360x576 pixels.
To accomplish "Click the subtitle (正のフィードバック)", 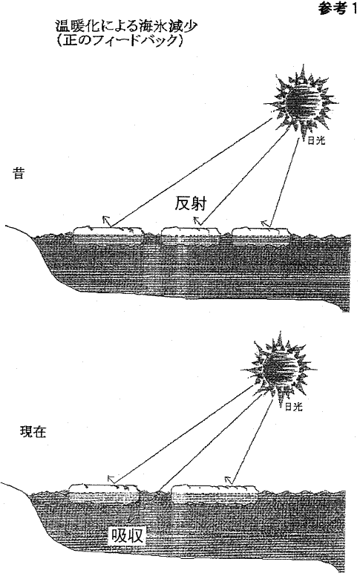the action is click(x=120, y=39).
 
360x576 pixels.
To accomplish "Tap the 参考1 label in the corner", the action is click(x=337, y=9).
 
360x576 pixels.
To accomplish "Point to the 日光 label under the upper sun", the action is click(x=316, y=141).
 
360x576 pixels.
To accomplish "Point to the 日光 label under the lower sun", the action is click(x=294, y=406).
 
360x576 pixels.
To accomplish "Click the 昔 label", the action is click(x=19, y=173).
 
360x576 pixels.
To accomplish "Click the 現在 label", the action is click(x=33, y=432).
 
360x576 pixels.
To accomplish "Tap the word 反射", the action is click(x=190, y=204).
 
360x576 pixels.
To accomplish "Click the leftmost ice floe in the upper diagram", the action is click(x=108, y=235).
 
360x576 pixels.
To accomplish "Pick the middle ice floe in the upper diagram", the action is click(x=190, y=235).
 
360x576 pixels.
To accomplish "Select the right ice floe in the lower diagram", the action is click(x=215, y=494).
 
